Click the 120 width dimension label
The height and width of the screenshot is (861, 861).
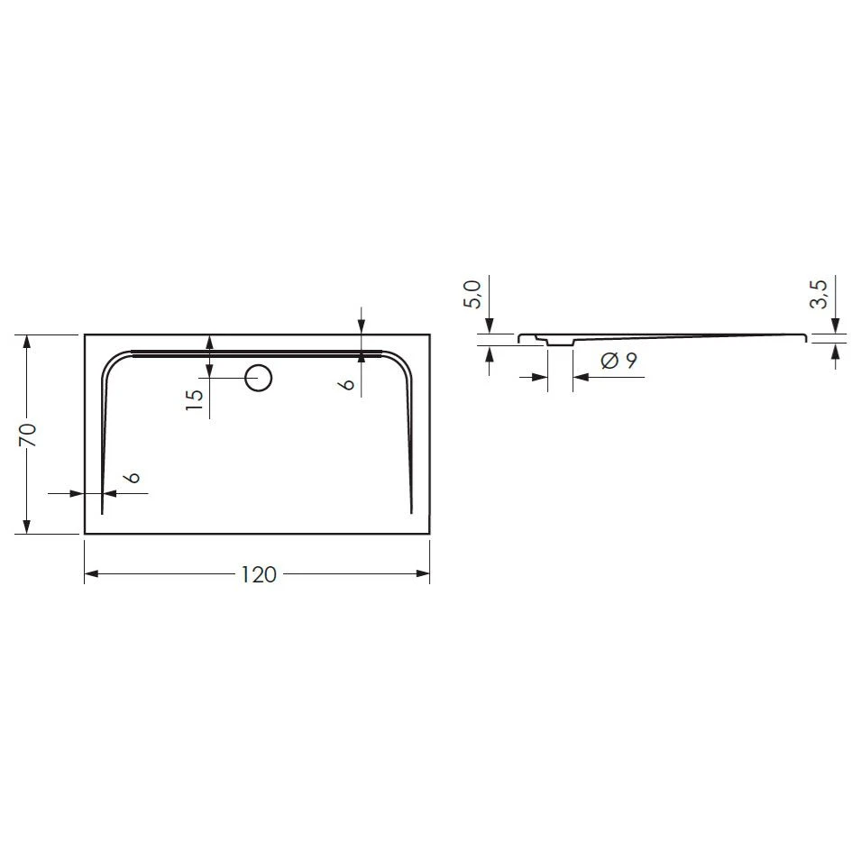point(259,575)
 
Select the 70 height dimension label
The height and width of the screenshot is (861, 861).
point(28,434)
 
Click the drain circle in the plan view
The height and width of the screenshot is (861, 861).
point(259,378)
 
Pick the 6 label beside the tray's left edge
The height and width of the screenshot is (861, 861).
point(133,478)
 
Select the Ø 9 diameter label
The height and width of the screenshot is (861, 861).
point(618,361)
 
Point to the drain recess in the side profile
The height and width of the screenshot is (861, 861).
point(559,343)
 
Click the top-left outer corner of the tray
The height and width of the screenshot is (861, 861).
point(85,335)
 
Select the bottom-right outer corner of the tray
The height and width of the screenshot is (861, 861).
point(429,534)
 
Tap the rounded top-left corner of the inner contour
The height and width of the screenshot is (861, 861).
point(113,361)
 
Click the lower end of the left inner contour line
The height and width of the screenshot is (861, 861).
point(102,512)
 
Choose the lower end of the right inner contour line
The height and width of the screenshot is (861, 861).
point(412,512)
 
